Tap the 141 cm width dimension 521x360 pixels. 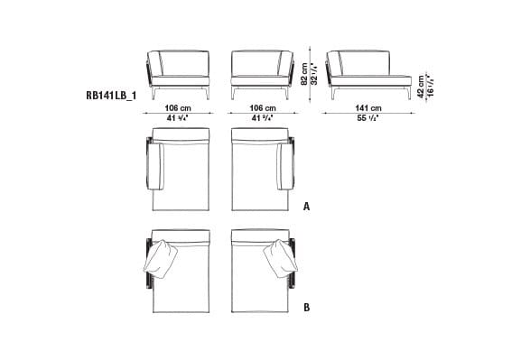[x=366, y=108]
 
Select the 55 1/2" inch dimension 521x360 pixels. [x=366, y=118]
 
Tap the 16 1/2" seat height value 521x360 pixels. [x=428, y=87]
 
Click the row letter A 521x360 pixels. [x=307, y=206]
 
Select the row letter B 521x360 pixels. [x=307, y=308]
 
